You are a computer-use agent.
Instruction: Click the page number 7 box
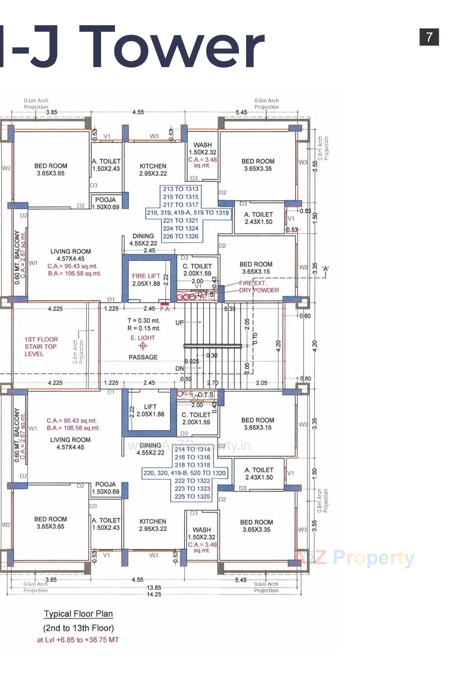click(x=429, y=37)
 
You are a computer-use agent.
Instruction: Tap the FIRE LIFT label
click(x=146, y=276)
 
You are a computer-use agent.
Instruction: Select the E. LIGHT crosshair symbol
click(x=143, y=346)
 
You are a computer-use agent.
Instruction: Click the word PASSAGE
click(x=143, y=357)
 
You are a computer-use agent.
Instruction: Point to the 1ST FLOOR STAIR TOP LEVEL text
click(x=41, y=346)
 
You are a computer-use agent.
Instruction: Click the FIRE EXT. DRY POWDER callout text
click(x=259, y=286)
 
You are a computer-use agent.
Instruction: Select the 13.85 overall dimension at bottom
click(x=154, y=588)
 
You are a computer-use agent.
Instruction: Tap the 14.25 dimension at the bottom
click(x=154, y=594)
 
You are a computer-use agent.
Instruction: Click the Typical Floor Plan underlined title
click(x=78, y=614)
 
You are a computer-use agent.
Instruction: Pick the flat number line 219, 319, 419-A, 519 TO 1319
click(x=188, y=213)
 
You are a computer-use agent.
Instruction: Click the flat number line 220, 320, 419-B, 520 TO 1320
click(x=184, y=473)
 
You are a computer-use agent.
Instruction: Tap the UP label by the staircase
click(x=180, y=322)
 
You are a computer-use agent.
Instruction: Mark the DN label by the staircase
click(x=180, y=368)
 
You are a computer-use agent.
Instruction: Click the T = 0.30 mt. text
click(x=144, y=320)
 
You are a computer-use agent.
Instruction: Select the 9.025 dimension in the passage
click(x=191, y=361)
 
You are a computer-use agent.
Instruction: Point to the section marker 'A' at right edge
click(x=325, y=269)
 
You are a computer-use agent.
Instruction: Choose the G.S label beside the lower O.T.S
click(x=188, y=393)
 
